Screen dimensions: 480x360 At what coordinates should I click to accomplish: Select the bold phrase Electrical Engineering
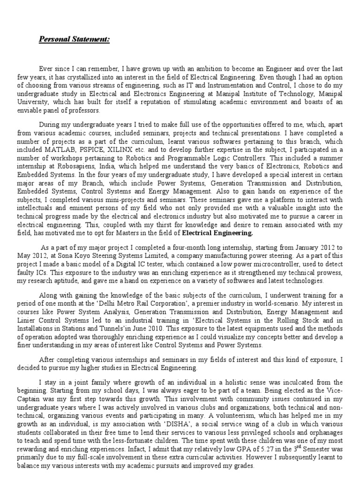(217, 232)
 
